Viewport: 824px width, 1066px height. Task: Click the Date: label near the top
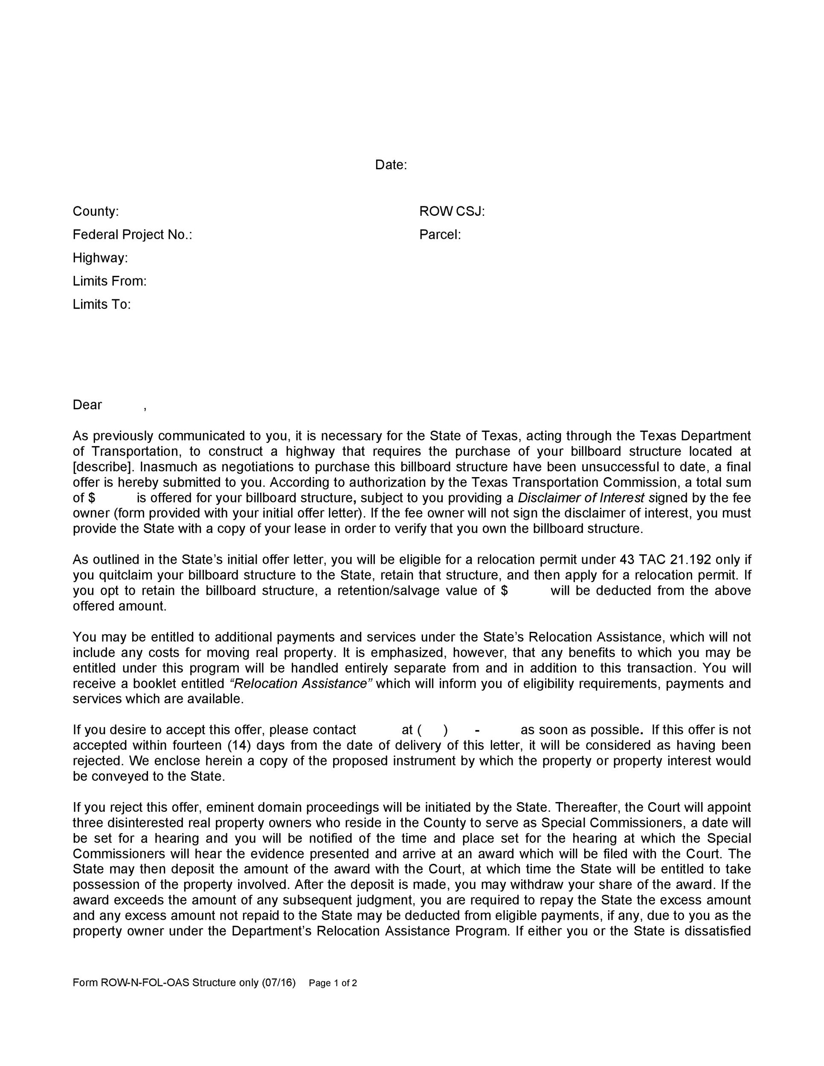tap(391, 165)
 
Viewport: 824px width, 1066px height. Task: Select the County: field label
tap(96, 211)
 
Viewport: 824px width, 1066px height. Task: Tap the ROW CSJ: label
tap(452, 211)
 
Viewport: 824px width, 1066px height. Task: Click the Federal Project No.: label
tap(132, 235)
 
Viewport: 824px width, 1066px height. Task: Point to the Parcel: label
tap(440, 235)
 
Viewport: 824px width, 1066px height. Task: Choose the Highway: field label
tap(100, 258)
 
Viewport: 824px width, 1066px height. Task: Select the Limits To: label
tap(102, 304)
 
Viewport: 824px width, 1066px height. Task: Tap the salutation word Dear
tap(87, 405)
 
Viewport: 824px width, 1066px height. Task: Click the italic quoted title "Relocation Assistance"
tap(301, 684)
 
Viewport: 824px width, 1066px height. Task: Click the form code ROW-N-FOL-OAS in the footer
tap(145, 983)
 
